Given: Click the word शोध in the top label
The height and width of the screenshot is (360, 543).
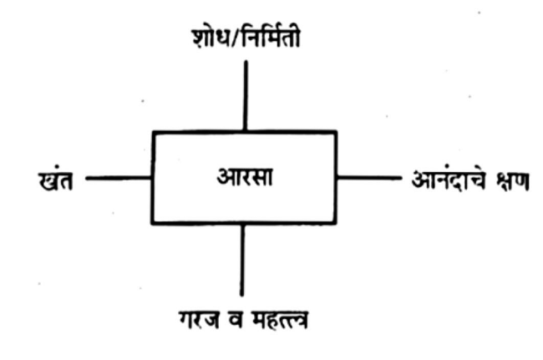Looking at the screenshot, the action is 210,38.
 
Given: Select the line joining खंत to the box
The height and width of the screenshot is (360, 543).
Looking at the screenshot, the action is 118,178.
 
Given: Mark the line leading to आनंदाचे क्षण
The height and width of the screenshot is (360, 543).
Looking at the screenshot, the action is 368,178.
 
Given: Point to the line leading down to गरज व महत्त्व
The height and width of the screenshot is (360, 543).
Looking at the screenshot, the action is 243,258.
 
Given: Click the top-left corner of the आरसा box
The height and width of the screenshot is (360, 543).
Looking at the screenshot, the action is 152,131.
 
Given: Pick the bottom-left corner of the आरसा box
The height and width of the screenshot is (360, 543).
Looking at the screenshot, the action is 152,223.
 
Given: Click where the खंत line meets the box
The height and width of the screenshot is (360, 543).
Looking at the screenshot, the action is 152,178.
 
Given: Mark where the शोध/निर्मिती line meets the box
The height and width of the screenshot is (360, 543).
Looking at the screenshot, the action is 244,131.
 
